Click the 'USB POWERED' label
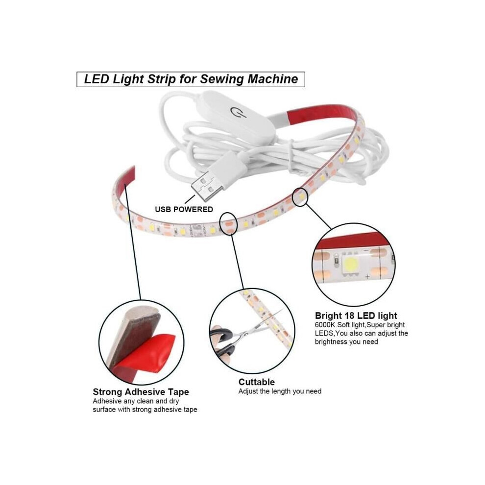pyautogui.click(x=184, y=209)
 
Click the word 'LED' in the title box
pyautogui.click(x=97, y=79)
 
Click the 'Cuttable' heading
pyautogui.click(x=256, y=382)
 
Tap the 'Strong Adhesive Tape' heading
pyautogui.click(x=141, y=392)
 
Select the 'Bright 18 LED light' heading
pyautogui.click(x=356, y=315)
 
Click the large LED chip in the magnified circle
pyautogui.click(x=351, y=263)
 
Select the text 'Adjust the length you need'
pyautogui.click(x=280, y=391)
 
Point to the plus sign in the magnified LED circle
pyautogui.click(x=367, y=276)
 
